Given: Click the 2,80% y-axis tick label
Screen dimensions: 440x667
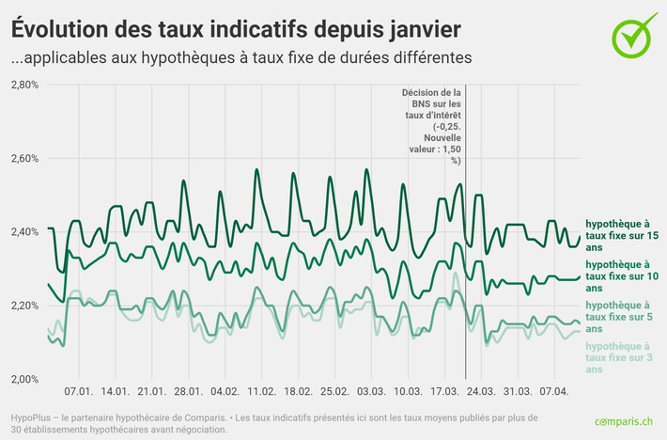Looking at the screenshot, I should click(x=24, y=85).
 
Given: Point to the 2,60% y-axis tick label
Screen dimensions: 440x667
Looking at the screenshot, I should click(x=24, y=158).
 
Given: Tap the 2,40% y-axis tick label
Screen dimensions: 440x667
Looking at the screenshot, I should click(x=24, y=231).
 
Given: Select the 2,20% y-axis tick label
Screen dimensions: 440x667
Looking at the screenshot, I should click(x=24, y=306).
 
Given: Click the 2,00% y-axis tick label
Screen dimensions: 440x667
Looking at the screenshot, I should click(x=24, y=379).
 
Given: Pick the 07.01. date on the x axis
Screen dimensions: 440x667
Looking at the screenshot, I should click(x=78, y=390).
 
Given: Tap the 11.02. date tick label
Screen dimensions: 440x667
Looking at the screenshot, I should click(x=261, y=390).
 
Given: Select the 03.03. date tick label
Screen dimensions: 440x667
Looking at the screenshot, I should click(x=371, y=390).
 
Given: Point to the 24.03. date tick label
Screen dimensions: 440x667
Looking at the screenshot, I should click(x=481, y=390).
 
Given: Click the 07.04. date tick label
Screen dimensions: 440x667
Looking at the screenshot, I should click(x=554, y=390).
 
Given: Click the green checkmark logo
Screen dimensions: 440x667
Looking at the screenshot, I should click(x=635, y=33).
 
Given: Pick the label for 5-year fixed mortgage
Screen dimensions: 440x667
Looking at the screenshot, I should click(x=620, y=317).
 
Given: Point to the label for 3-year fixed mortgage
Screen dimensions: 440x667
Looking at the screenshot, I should click(x=620, y=358).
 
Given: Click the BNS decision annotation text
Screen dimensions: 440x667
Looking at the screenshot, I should click(x=432, y=126).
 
